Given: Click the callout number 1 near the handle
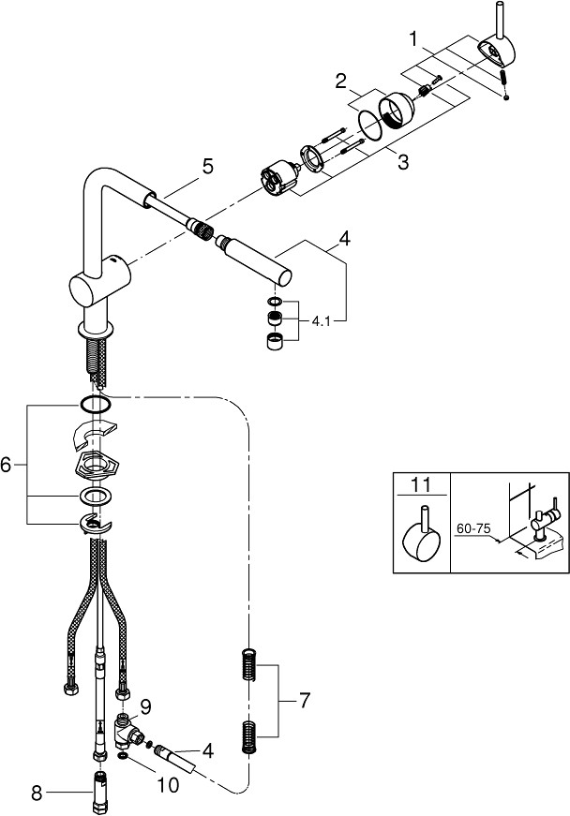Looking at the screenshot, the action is pos(414,39).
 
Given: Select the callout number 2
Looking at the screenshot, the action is pos(341,82).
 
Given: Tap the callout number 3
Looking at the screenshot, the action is pos(403,162).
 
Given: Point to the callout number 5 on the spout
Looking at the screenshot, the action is pos(208,167).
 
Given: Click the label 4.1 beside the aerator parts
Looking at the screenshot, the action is pos(322,321).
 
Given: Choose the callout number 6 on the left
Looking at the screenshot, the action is pos(6,464).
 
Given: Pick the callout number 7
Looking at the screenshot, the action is pos(305,700).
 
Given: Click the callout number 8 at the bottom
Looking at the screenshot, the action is pos(37,794).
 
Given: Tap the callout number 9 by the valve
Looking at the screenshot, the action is pos(145,706).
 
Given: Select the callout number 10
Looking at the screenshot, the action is pos(168,785).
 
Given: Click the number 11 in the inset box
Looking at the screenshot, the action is pos(421,485).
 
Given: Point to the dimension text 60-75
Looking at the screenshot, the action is pos(473,528).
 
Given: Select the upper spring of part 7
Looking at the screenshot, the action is pos(249,664).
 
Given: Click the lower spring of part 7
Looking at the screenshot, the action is pos(249,737).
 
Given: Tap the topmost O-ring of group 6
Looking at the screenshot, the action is pos(95,404).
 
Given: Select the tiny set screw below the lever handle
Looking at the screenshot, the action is pos(506,96).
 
